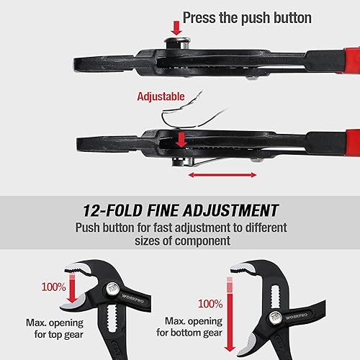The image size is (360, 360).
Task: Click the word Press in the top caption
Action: coord(199,18)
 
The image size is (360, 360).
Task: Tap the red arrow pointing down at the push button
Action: coord(176,28)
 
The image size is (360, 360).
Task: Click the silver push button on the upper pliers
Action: coord(178,43)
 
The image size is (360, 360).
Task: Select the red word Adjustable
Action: coord(161,96)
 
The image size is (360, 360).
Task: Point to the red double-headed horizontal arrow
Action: coord(222,175)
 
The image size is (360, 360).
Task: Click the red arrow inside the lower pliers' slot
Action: coord(181,140)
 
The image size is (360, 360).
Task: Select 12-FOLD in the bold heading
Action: coord(112,210)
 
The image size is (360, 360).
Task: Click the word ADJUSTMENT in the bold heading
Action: coord(230,210)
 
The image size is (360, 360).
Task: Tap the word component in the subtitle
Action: coord(203,240)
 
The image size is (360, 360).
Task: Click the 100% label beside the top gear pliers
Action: coord(53,287)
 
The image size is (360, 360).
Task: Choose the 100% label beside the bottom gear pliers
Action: coord(210,304)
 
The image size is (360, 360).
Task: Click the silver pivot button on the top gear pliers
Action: coord(113,288)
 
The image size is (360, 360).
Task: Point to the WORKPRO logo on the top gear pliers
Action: coord(133,299)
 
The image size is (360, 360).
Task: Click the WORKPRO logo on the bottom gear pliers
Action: coord(297,316)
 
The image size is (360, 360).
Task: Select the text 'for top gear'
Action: coord(59,335)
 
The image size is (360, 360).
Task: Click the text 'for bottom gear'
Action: coord(189,333)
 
